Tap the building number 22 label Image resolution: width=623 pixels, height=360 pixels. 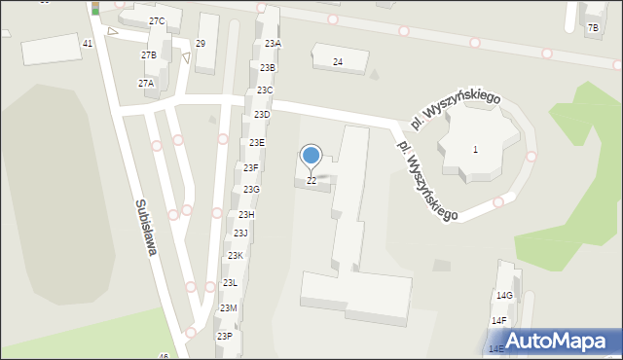click(311, 181)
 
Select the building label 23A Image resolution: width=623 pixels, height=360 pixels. click(273, 44)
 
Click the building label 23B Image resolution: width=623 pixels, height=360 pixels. click(268, 67)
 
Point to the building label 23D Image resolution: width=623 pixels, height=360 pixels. click(261, 115)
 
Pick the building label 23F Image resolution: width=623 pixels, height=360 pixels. click(250, 167)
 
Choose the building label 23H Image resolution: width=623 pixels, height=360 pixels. click(246, 214)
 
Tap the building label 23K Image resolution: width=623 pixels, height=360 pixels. click(236, 256)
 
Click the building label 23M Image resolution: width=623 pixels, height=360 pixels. click(228, 308)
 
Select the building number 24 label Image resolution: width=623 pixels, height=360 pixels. click(337, 62)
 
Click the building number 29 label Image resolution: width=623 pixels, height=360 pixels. click(201, 44)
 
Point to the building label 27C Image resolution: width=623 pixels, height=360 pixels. click(157, 21)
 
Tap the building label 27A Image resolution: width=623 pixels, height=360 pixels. click(145, 84)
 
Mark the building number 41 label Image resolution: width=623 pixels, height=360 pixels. click(88, 44)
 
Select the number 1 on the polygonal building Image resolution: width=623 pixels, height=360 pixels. click(475, 149)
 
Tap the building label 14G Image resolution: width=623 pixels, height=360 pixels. click(504, 295)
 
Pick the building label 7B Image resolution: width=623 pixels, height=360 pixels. click(593, 28)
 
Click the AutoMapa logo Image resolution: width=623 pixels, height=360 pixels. click(554, 341)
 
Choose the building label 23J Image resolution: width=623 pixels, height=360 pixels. click(240, 234)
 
